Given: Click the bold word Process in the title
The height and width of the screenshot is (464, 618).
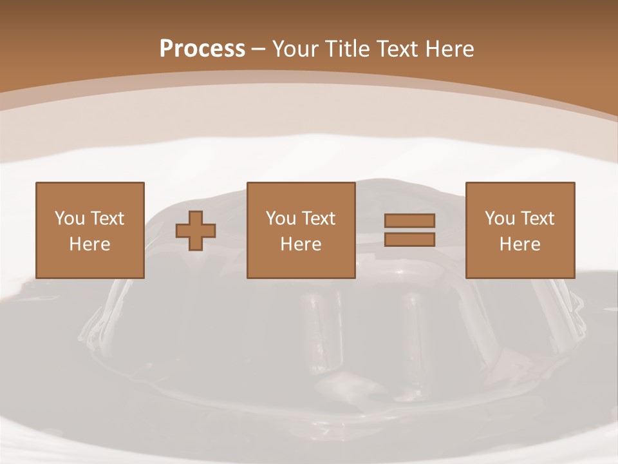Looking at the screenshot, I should click(x=202, y=49).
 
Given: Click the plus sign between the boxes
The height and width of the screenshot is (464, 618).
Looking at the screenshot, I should click(x=196, y=231).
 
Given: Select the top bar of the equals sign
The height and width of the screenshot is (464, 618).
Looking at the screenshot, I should click(x=409, y=220).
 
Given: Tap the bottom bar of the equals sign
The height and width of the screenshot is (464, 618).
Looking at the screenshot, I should click(x=409, y=240).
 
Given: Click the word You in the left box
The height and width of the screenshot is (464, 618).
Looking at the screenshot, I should click(x=70, y=218).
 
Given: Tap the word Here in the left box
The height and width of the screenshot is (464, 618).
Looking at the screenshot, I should click(x=90, y=244).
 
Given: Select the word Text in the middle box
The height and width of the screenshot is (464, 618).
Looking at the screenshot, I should click(x=319, y=218).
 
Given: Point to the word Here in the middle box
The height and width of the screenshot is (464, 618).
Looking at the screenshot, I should click(x=301, y=244).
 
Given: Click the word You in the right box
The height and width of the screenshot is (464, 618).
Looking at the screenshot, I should click(x=500, y=218).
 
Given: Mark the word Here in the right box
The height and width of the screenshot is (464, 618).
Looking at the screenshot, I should click(x=520, y=244).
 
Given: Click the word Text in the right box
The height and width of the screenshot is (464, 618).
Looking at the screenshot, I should click(x=538, y=218).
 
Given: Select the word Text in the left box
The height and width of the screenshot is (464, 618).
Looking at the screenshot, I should click(x=108, y=218).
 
